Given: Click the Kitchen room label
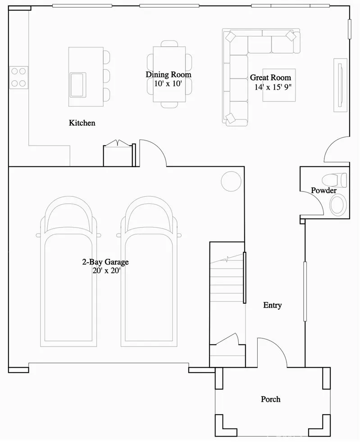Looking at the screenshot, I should [x=82, y=123].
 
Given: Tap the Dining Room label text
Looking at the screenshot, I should [x=168, y=74].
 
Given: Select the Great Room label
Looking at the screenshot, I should [x=270, y=78].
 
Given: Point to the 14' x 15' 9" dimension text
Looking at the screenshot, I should [x=273, y=87].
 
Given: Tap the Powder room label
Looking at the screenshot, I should [x=324, y=191].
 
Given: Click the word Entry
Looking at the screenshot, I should [x=272, y=305].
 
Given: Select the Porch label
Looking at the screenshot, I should [x=270, y=399].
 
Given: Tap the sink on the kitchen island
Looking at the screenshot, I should [x=78, y=84].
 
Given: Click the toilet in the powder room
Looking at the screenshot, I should [x=338, y=180].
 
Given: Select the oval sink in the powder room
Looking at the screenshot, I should [x=338, y=205].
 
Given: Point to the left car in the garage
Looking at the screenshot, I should [x=68, y=270].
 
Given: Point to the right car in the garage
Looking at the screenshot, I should [x=149, y=270].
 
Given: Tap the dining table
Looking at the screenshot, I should [x=169, y=74].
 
